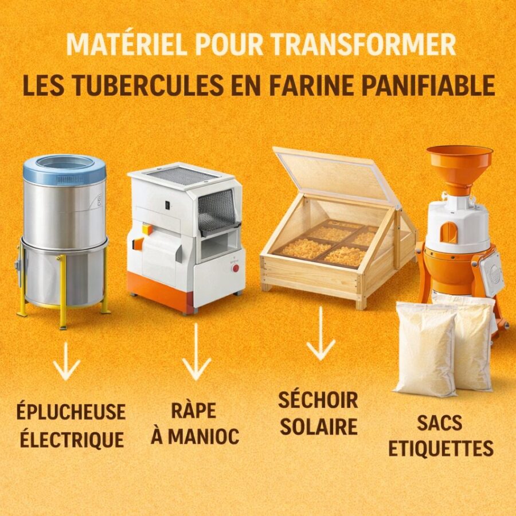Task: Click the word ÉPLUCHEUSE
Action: click(x=71, y=412)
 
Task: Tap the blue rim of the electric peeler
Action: click(x=65, y=170)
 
